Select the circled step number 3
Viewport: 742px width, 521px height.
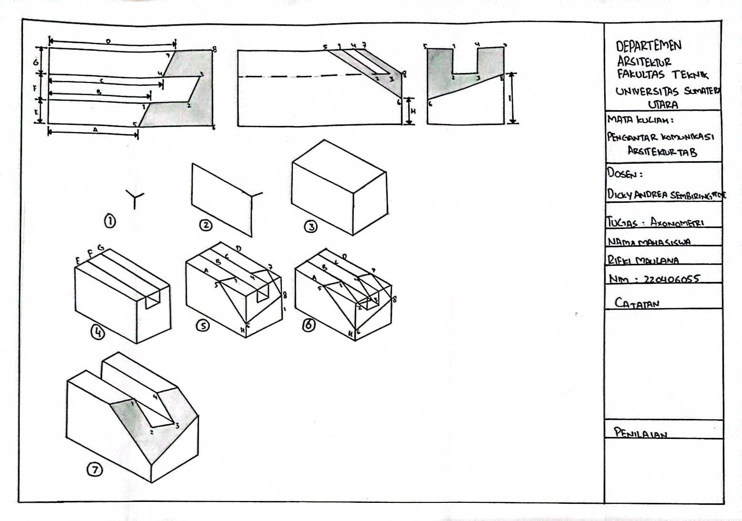311,226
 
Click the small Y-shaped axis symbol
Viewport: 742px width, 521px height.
134,198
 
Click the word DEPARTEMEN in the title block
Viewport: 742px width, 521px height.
649,46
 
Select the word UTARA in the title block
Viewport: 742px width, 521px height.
662,104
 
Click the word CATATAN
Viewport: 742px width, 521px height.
637,302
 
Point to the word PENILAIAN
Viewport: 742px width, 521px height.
640,433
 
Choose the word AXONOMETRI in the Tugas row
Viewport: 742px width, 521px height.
677,222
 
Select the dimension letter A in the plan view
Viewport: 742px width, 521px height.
95,129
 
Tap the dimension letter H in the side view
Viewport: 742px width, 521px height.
413,111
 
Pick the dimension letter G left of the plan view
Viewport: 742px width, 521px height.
41,62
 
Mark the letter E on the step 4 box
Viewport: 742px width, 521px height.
77,260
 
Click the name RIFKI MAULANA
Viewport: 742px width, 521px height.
642,260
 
